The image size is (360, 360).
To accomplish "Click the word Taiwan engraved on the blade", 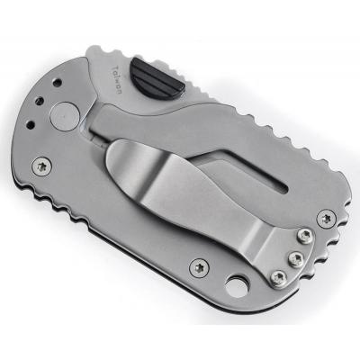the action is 116,80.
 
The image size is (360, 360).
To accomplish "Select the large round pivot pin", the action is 65,116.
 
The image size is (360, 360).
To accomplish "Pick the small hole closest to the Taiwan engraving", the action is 58,82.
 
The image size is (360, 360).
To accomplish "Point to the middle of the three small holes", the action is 40,101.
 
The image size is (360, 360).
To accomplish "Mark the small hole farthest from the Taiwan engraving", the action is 31,123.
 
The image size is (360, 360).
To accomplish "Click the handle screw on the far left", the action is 41,166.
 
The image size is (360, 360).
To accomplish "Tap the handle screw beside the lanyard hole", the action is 199,266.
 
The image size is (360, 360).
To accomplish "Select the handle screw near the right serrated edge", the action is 327,219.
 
